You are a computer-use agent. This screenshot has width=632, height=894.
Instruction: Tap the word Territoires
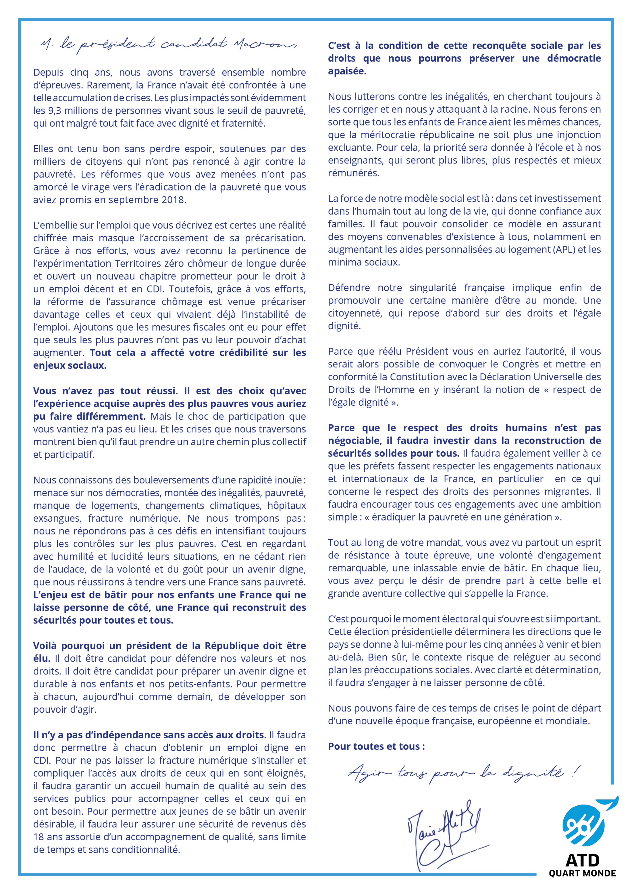(x=138, y=264)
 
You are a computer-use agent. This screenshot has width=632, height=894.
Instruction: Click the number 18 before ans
(x=39, y=837)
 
